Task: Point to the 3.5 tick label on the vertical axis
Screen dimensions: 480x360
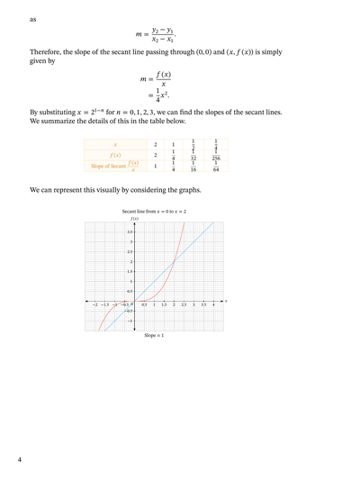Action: tap(130, 231)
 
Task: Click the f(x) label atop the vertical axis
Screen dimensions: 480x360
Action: tap(134, 219)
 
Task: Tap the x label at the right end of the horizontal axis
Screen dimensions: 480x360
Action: tap(226, 300)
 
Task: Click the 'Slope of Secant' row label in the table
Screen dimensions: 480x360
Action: tap(108, 167)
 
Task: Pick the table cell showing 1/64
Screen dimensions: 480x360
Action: tap(216, 167)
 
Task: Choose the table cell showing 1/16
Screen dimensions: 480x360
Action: tap(193, 167)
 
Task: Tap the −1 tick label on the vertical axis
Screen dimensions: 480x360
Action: tap(130, 321)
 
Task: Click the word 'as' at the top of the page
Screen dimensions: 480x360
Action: tap(33, 18)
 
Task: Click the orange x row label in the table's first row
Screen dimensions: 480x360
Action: tap(115, 144)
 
